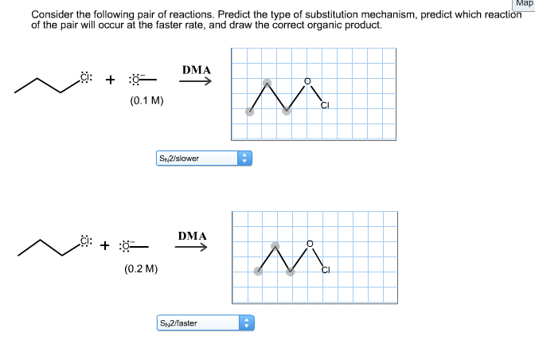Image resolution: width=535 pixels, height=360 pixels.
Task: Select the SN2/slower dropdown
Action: (x=203, y=158)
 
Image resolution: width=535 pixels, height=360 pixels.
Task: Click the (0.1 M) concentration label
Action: (x=146, y=102)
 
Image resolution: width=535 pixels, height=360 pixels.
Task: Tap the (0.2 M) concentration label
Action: (x=141, y=269)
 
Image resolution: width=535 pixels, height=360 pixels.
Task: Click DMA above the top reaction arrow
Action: (x=197, y=70)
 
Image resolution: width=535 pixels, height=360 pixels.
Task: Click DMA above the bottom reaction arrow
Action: (x=193, y=236)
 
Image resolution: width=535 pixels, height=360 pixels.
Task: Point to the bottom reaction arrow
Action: (x=192, y=247)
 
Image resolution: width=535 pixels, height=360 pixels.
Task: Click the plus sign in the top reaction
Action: (x=110, y=80)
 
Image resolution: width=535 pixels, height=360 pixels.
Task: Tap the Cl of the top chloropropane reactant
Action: (x=87, y=78)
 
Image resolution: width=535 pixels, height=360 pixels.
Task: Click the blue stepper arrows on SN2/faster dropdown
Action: (x=245, y=323)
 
